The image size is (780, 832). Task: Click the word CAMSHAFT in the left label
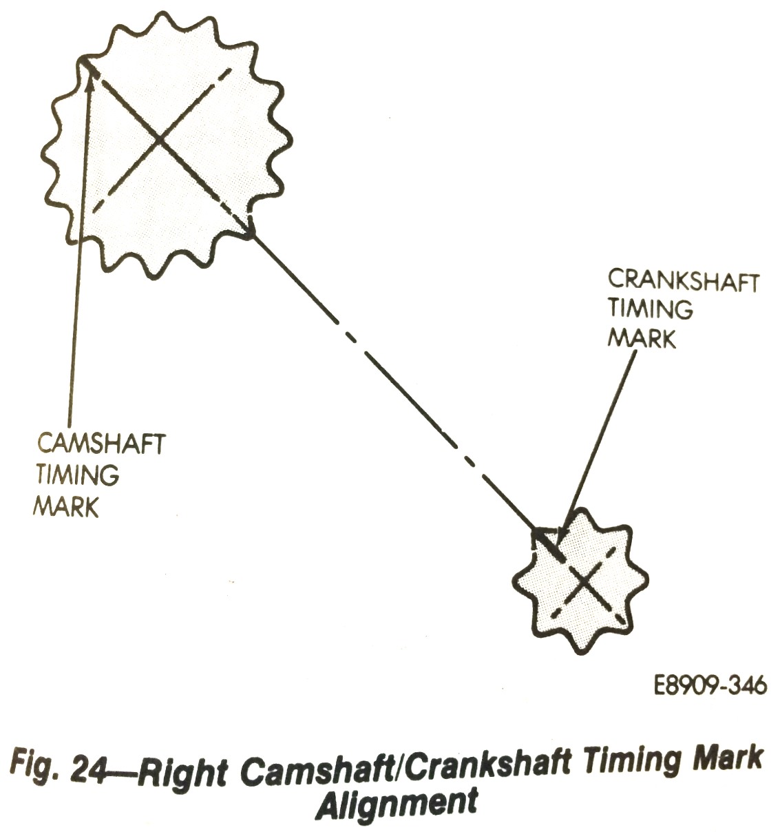[101, 444]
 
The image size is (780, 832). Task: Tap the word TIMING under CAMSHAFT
[77, 475]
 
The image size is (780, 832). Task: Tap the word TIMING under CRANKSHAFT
[650, 309]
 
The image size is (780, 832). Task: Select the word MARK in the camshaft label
[67, 506]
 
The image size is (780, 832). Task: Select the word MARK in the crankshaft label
[642, 339]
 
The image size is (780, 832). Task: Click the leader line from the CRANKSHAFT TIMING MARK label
[599, 441]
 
